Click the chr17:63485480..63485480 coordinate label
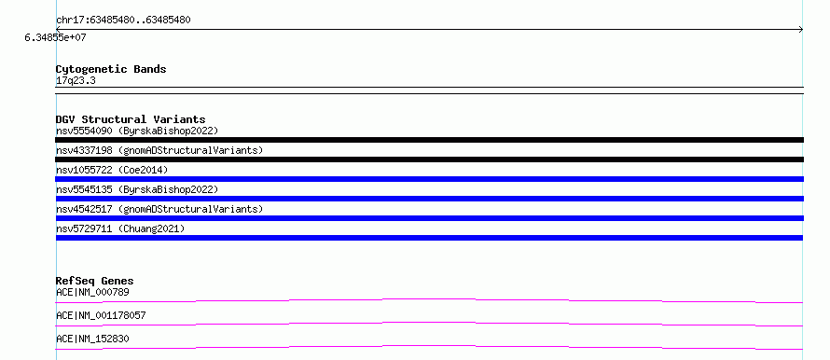[x=123, y=21]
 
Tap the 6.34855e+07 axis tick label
[x=56, y=38]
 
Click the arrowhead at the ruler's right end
[x=801, y=30]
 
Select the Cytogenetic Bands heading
[x=111, y=69]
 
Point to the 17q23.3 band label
[x=76, y=81]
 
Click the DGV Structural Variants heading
[x=131, y=119]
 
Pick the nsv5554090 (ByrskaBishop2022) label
[x=137, y=131]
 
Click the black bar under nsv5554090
[x=429, y=140]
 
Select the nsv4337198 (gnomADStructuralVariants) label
[x=159, y=150]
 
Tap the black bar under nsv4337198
[x=429, y=159]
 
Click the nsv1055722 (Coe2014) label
[x=112, y=170]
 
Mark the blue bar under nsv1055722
[x=429, y=179]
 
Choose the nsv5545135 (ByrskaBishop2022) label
[x=137, y=189]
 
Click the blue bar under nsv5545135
[x=429, y=199]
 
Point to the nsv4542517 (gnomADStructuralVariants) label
[x=159, y=209]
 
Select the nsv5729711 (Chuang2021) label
[x=120, y=228]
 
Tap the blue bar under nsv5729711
[x=429, y=238]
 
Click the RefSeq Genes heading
[x=95, y=281]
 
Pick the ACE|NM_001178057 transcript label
[x=101, y=316]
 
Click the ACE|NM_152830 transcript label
[x=92, y=339]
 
